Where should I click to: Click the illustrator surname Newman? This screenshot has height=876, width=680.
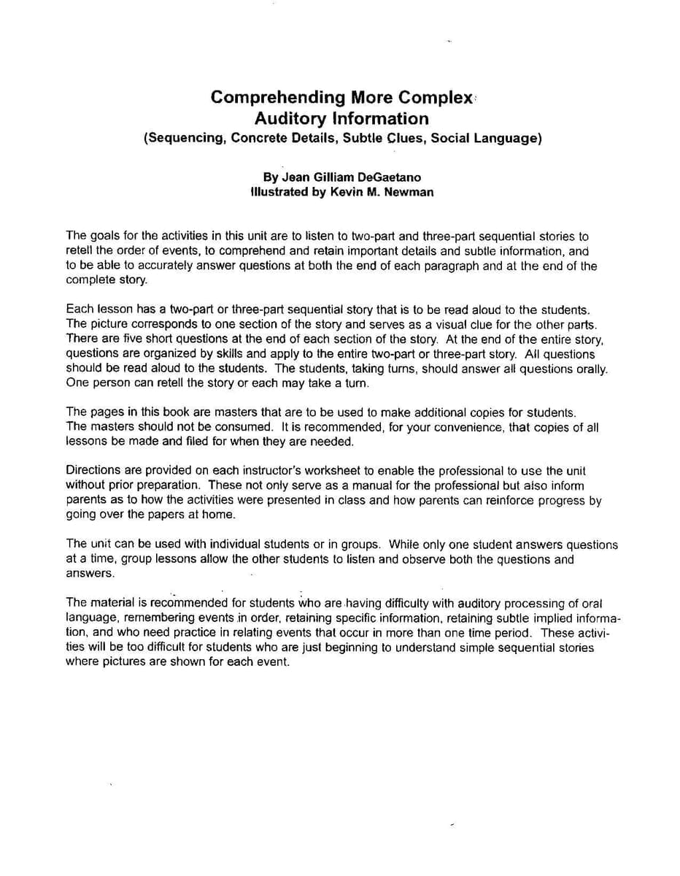click(x=412, y=193)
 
